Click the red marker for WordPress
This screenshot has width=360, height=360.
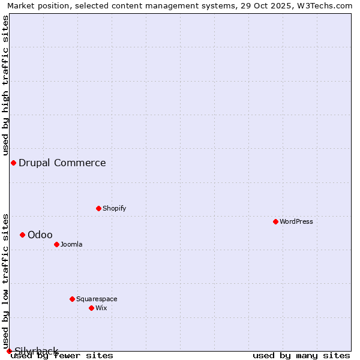(x=275, y=221)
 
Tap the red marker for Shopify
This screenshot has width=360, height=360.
(x=98, y=208)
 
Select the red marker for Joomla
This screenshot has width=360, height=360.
(x=56, y=244)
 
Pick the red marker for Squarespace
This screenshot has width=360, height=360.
(x=72, y=299)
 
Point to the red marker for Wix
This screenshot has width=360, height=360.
(x=91, y=308)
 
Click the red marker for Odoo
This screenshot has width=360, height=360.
(x=22, y=235)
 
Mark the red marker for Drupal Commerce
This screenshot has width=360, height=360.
(x=13, y=163)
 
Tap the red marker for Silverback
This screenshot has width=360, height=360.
(x=9, y=351)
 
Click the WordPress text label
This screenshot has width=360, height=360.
(x=296, y=221)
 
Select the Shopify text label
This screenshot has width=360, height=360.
(x=114, y=208)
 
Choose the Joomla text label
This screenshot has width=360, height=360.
(x=71, y=244)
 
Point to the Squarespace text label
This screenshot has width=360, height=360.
(x=97, y=299)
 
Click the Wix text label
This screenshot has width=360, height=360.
(x=101, y=308)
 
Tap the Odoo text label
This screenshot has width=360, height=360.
(x=40, y=235)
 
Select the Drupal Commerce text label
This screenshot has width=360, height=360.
(x=62, y=163)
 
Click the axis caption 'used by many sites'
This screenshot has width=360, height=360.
(x=301, y=356)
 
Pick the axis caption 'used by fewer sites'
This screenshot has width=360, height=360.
(x=62, y=356)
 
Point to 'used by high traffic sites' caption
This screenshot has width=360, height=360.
(x=6, y=85)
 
